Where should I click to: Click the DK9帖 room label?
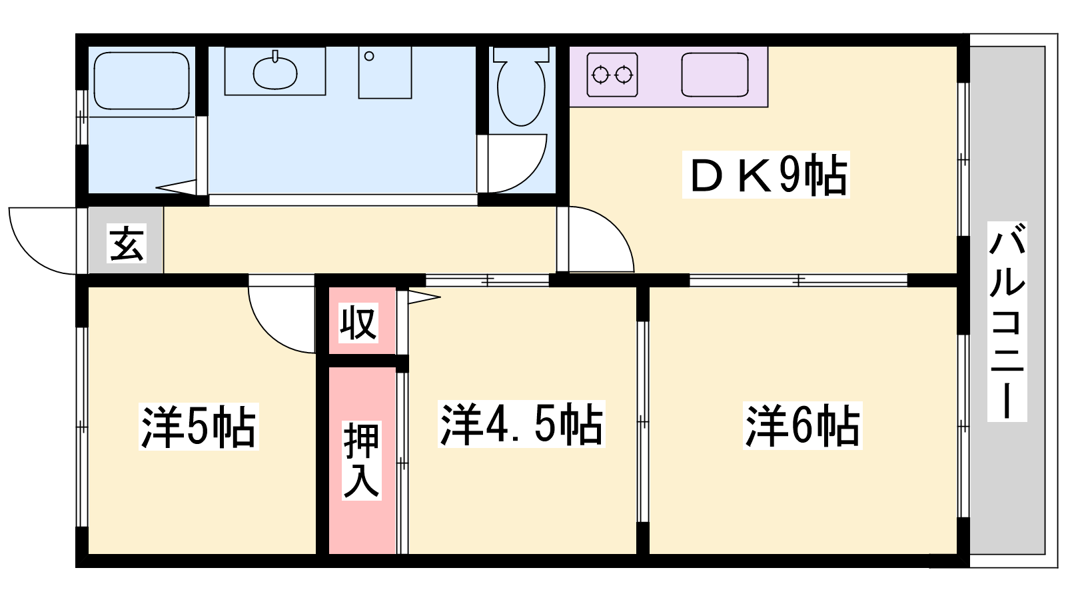click(x=766, y=174)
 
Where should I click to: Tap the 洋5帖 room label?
click(x=199, y=426)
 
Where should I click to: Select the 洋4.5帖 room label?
click(x=521, y=424)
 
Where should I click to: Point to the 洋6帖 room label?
click(x=802, y=426)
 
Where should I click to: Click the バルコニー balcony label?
click(x=1007, y=321)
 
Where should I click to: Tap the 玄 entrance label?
click(x=127, y=243)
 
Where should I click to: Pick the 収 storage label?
click(x=358, y=323)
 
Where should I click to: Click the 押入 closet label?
click(x=362, y=461)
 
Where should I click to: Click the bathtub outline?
click(x=141, y=81)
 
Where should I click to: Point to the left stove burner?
click(x=600, y=75)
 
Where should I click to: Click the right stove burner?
click(x=624, y=75)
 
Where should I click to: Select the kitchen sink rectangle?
click(x=715, y=75)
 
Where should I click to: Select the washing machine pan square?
click(x=385, y=73)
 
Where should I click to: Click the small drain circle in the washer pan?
click(x=369, y=56)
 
